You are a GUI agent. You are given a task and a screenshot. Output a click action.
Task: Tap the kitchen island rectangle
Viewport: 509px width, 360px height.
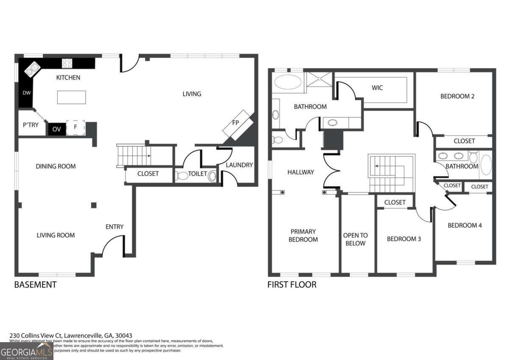pyautogui.click(x=71, y=97)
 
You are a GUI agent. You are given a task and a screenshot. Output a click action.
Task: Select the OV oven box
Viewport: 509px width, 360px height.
pyautogui.click(x=56, y=129)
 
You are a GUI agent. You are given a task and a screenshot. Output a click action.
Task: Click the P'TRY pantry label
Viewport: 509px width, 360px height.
pyautogui.click(x=31, y=125)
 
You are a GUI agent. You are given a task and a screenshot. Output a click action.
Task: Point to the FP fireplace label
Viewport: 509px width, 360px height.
pyautogui.click(x=235, y=123)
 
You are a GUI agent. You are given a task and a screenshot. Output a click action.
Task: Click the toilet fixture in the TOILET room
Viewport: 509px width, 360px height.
pyautogui.click(x=182, y=175)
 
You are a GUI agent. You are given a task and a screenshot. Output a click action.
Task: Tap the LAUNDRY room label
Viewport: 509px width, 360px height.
pyautogui.click(x=239, y=165)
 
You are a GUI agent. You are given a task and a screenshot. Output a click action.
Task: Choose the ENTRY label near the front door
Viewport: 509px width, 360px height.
pyautogui.click(x=115, y=227)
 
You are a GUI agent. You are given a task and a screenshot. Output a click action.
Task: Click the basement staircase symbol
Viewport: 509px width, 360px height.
pyautogui.click(x=134, y=156)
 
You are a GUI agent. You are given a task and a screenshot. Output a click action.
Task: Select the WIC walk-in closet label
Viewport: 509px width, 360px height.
pyautogui.click(x=377, y=88)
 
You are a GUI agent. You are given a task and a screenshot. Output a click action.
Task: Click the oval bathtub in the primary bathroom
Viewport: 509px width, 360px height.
pyautogui.click(x=287, y=82)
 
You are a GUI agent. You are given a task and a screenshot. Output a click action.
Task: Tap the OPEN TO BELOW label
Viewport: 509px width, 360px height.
pyautogui.click(x=355, y=239)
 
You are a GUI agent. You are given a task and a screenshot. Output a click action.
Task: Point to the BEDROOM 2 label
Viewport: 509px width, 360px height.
pyautogui.click(x=457, y=96)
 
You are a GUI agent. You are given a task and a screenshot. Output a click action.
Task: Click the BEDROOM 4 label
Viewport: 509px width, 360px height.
pyautogui.click(x=464, y=225)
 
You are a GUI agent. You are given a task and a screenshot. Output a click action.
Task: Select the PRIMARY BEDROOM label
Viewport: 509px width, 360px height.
pyautogui.click(x=303, y=236)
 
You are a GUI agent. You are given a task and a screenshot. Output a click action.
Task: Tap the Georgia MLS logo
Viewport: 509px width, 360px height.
pyautogui.click(x=26, y=351)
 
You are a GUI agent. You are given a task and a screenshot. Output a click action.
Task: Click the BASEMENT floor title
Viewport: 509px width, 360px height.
pyautogui.click(x=35, y=284)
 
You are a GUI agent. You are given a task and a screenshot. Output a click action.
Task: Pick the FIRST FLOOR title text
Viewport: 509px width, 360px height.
pyautogui.click(x=292, y=284)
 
